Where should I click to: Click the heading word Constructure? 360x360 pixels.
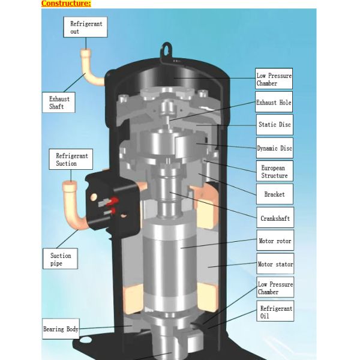point(65,4)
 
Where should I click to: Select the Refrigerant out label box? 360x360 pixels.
point(85,26)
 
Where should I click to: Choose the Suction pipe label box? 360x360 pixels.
point(61,259)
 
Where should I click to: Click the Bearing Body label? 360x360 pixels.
point(61,329)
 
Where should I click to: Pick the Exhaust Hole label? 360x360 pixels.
point(274,103)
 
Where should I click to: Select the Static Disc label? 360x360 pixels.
point(275,125)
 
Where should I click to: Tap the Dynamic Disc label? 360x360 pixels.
point(275,148)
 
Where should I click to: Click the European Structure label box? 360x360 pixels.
point(274,171)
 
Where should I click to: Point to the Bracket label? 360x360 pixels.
point(274,194)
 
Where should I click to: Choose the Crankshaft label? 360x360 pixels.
point(274,218)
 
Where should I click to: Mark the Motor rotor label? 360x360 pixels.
point(274,241)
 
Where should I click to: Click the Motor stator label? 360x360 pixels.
point(274,264)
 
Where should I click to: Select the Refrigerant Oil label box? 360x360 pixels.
point(276,313)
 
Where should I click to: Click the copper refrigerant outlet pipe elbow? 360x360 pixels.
point(90,75)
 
